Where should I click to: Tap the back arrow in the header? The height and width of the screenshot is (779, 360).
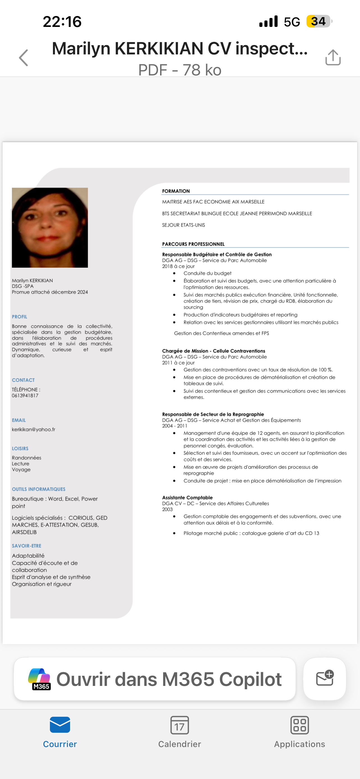[x=24, y=57]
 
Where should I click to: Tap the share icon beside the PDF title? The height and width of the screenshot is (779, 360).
[x=333, y=57]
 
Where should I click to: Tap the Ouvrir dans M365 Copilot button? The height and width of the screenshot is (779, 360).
[x=155, y=679]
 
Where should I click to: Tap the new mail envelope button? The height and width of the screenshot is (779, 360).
[x=324, y=679]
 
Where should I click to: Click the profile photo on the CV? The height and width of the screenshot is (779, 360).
[x=50, y=227]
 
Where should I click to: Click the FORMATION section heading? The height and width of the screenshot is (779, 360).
[x=176, y=191]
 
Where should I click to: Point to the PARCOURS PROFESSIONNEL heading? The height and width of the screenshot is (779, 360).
[x=193, y=244]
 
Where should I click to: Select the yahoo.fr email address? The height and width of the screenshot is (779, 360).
[x=34, y=429]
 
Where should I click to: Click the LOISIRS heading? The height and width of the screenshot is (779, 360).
[x=20, y=448]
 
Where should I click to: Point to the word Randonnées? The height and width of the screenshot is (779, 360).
[x=27, y=458]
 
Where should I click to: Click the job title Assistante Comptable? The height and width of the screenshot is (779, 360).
[x=187, y=497]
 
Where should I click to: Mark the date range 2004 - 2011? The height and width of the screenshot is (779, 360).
[x=175, y=426]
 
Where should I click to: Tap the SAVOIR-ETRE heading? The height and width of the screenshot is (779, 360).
[x=27, y=546]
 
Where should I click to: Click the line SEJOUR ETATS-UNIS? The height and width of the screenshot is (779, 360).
[x=183, y=225]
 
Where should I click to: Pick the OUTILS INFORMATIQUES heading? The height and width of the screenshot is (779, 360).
[x=39, y=489]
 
